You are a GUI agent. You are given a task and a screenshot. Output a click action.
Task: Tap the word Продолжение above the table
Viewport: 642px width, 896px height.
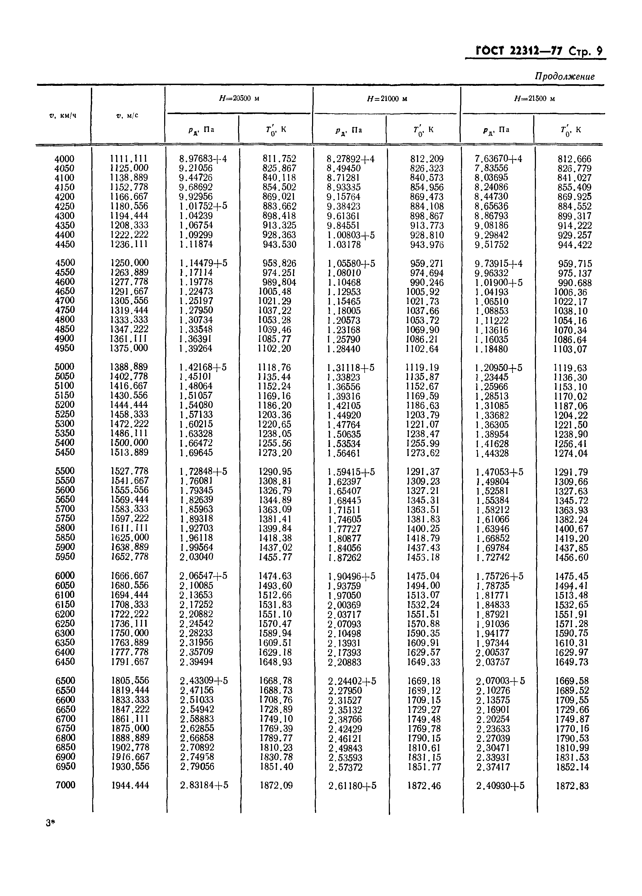point(564,76)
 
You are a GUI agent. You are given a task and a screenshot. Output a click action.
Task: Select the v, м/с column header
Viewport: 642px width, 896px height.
point(127,116)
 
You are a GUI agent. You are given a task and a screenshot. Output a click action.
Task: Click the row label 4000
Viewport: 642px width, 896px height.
point(64,159)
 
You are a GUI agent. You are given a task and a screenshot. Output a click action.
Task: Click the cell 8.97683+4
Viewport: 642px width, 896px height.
point(203,159)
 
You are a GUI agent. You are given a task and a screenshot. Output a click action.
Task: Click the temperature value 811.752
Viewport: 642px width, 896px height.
point(279,159)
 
